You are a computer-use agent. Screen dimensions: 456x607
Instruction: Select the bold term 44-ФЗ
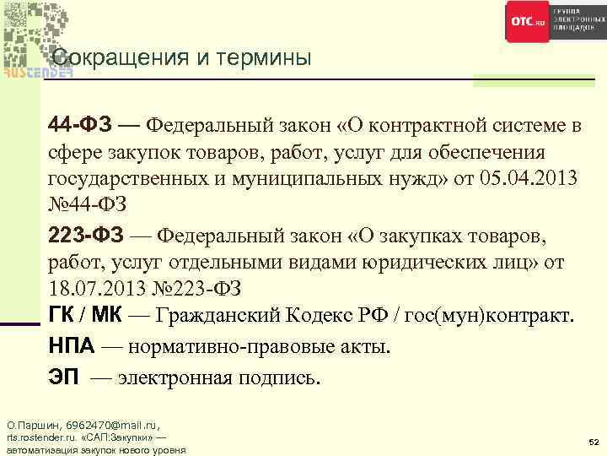[x=78, y=126]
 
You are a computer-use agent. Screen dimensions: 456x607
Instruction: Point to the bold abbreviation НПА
[x=74, y=346]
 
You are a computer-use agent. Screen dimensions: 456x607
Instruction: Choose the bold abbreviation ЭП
[x=64, y=377]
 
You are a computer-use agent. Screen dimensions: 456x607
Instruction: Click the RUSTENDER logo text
[x=38, y=72]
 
